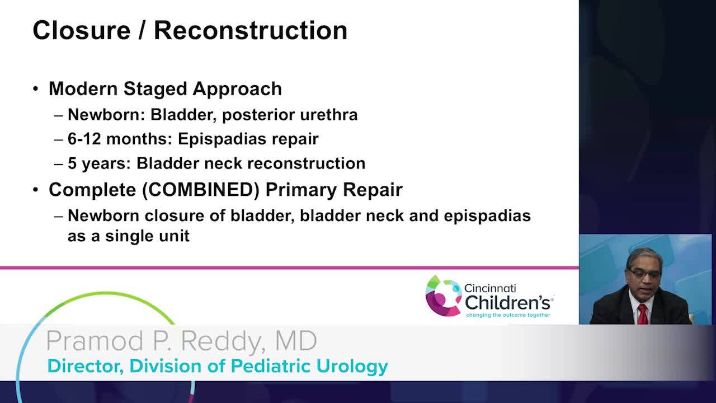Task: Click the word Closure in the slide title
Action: pyautogui.click(x=82, y=31)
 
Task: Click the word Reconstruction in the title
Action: pyautogui.click(x=251, y=31)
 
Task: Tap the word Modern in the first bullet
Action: pyautogui.click(x=83, y=88)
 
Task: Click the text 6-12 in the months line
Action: pyautogui.click(x=84, y=139)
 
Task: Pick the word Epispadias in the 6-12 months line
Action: pyautogui.click(x=222, y=139)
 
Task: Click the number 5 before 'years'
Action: pyautogui.click(x=72, y=163)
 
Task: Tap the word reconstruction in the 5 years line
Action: pyautogui.click(x=307, y=163)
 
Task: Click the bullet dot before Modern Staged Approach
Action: pyautogui.click(x=36, y=88)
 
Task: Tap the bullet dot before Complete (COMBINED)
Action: pyautogui.click(x=36, y=190)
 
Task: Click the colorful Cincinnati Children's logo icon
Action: pyautogui.click(x=444, y=296)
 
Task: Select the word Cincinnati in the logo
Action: pyautogui.click(x=490, y=288)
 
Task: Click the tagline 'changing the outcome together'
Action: pyautogui.click(x=508, y=315)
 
